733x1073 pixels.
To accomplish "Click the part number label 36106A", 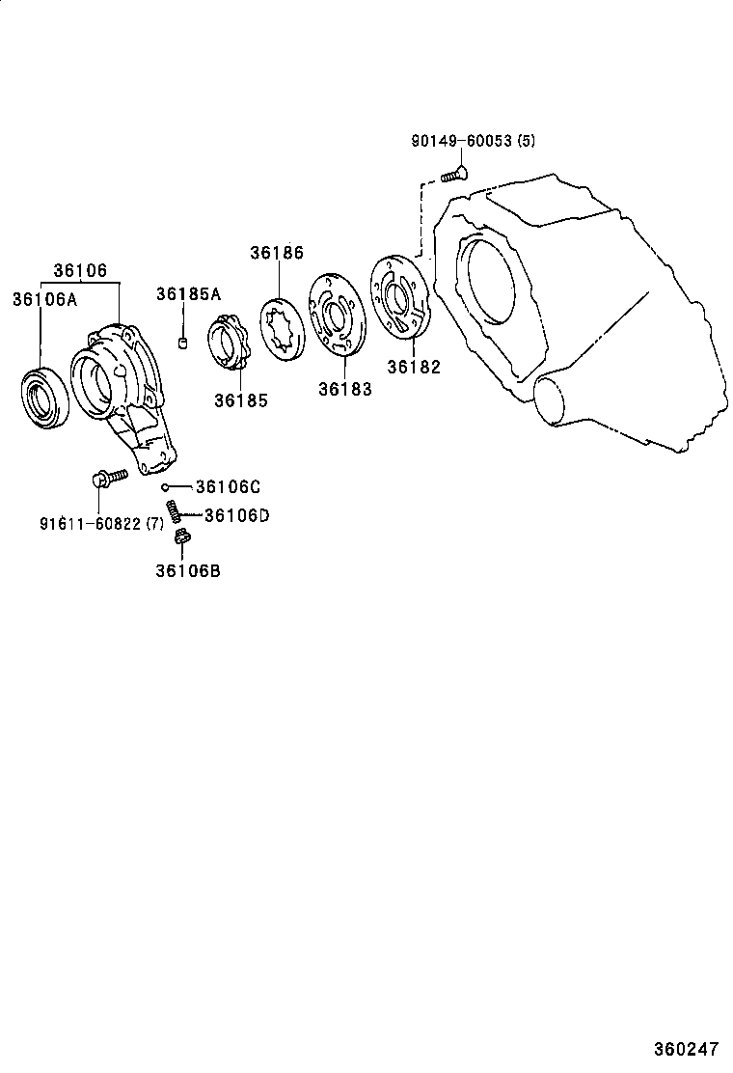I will tap(43, 299).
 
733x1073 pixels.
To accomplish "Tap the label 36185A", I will tap(189, 294).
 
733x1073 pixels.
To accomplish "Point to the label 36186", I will tap(277, 253).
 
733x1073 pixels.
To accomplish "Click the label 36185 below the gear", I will tap(241, 400).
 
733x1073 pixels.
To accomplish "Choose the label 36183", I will tap(345, 388).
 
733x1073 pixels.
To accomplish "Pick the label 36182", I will tap(414, 367).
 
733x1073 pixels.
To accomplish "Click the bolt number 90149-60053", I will tap(461, 141).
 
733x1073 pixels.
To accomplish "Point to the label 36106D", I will tap(236, 515).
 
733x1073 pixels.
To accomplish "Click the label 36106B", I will tap(187, 570).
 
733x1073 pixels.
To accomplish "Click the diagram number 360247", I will tap(688, 1048).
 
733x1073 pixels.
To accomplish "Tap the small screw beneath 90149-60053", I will tap(453, 175).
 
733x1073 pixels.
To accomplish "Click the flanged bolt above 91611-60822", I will tap(106, 477).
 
